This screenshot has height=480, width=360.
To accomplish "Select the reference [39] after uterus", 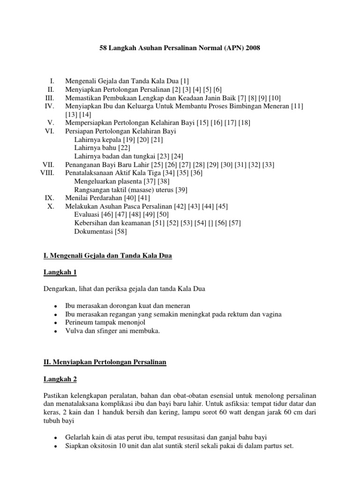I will pyautogui.click(x=180, y=189).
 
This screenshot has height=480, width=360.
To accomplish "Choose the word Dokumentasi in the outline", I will pyautogui.click(x=92, y=231).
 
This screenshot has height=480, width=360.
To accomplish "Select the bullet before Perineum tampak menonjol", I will pyautogui.click(x=56, y=323).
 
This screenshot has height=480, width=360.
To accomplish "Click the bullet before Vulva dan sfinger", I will pyautogui.click(x=56, y=331).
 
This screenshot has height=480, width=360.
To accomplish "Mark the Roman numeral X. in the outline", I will pyautogui.click(x=51, y=206).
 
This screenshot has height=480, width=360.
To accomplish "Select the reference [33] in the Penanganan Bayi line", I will pyautogui.click(x=268, y=165).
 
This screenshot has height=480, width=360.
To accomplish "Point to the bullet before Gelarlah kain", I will pyautogui.click(x=56, y=438).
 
